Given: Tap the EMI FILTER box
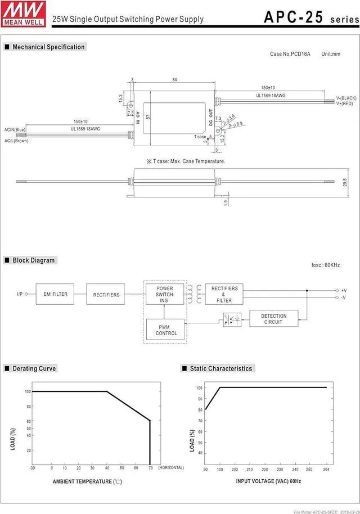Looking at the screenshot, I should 55,294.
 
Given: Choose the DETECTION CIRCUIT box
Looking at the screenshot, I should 273,319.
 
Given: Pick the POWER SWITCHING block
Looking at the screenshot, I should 164,294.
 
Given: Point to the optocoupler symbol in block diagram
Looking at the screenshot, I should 232,320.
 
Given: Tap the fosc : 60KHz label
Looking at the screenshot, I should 325,265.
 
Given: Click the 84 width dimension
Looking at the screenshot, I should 174,80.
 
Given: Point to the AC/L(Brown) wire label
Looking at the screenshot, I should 16,141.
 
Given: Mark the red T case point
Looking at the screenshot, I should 209,137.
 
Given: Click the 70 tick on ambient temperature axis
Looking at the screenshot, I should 150,467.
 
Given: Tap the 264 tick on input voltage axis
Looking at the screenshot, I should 326,469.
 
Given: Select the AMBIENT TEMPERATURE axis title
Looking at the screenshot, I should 87,481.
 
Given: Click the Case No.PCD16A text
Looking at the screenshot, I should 290,54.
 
